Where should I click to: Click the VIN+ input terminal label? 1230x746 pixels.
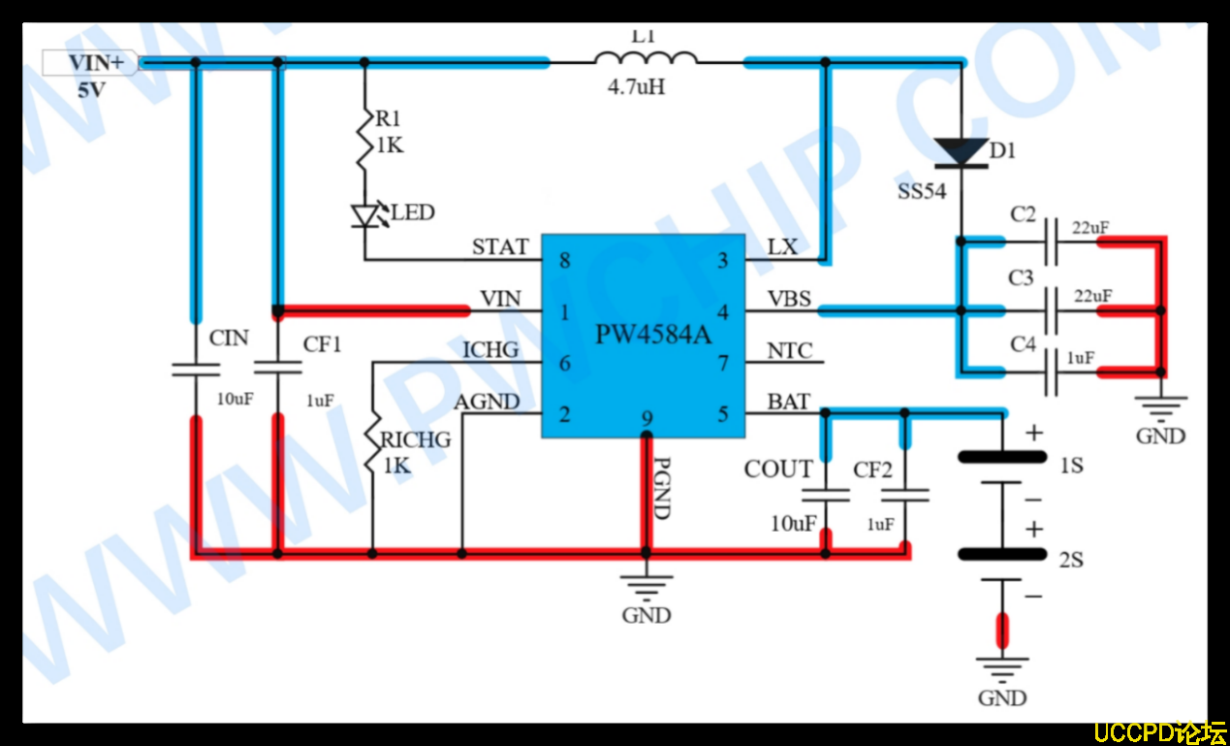pos(95,64)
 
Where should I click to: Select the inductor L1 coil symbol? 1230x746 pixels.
pos(646,58)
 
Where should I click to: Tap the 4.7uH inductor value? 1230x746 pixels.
pos(636,87)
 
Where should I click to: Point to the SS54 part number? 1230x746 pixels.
pos(921,192)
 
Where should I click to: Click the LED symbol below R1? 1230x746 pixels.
pos(365,214)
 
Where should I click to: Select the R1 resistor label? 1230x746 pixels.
pos(389,118)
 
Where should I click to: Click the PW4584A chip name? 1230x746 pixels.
pos(653,336)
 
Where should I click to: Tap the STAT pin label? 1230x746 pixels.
pos(500,246)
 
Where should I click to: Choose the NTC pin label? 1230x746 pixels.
pos(790,350)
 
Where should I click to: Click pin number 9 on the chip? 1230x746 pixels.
pos(647,420)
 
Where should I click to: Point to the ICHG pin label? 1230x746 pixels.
pos(490,349)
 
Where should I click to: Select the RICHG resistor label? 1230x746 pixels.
pos(416,439)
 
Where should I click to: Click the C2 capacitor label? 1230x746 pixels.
pos(1023,214)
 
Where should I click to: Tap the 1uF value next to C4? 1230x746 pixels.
pos(1081,358)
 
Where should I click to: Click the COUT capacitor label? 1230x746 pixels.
pos(778,470)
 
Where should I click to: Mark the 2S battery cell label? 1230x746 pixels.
pos(1071,560)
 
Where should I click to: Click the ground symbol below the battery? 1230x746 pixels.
pos(1002,669)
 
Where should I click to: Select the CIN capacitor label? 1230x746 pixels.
pos(229,339)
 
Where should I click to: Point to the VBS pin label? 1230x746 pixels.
pos(789,299)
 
